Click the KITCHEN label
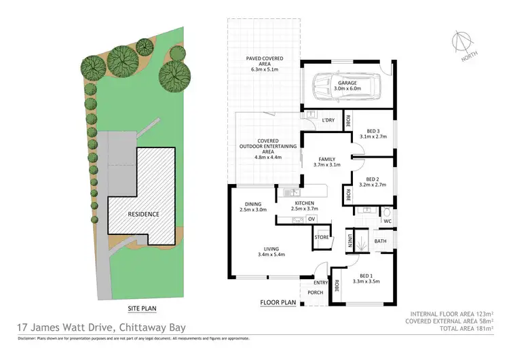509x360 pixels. pos(303,202)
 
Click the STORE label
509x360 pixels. pos(322,238)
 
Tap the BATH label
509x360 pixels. pos(380,240)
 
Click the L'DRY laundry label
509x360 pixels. pos(328,121)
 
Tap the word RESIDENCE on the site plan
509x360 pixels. pos(143,214)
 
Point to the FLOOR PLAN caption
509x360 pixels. pos(278,302)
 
